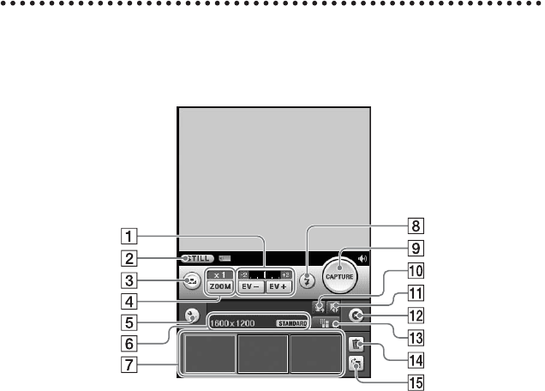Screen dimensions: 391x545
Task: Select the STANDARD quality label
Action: click(x=291, y=324)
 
